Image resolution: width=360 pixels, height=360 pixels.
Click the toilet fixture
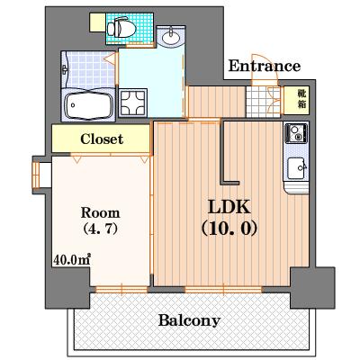click(121, 28)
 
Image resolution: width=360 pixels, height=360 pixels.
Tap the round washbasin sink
click(171, 37)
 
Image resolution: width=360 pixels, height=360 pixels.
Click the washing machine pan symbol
click(133, 103)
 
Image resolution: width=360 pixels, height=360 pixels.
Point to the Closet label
click(102, 139)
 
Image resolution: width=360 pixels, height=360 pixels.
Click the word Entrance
click(265, 66)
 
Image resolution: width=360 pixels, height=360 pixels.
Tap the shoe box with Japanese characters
click(296, 101)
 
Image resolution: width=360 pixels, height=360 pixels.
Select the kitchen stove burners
click(296, 132)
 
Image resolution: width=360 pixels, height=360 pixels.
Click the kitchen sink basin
click(297, 168)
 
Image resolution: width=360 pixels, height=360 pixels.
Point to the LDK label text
click(229, 207)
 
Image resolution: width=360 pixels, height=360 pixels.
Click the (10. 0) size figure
click(229, 229)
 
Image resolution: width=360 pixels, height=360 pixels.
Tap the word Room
click(101, 212)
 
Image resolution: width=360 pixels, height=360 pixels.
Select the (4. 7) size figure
click(101, 229)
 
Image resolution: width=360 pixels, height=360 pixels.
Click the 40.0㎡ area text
click(72, 260)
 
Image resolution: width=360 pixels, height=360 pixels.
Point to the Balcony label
click(189, 320)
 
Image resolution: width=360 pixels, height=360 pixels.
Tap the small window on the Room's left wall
click(36, 175)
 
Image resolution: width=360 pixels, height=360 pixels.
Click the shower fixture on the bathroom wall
click(65, 70)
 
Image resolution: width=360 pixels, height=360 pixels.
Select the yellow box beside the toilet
click(97, 22)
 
